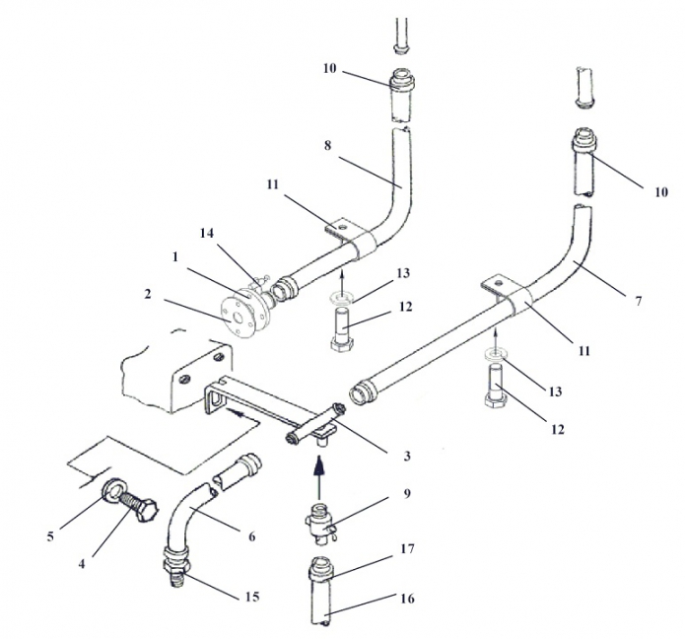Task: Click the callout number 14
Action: click(x=207, y=234)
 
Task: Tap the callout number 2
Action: click(x=148, y=294)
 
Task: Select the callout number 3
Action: click(x=407, y=456)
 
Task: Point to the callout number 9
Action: click(x=407, y=493)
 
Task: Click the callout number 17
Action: click(x=407, y=548)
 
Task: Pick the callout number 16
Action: click(x=407, y=598)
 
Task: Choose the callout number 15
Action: click(x=252, y=597)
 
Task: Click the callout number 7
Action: click(x=639, y=301)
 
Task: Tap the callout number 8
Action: click(x=327, y=146)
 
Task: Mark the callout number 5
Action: click(x=50, y=536)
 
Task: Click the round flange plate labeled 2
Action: click(x=238, y=318)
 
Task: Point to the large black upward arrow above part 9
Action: click(x=319, y=477)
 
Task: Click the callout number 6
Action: click(x=251, y=535)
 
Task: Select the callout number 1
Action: click(x=175, y=257)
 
